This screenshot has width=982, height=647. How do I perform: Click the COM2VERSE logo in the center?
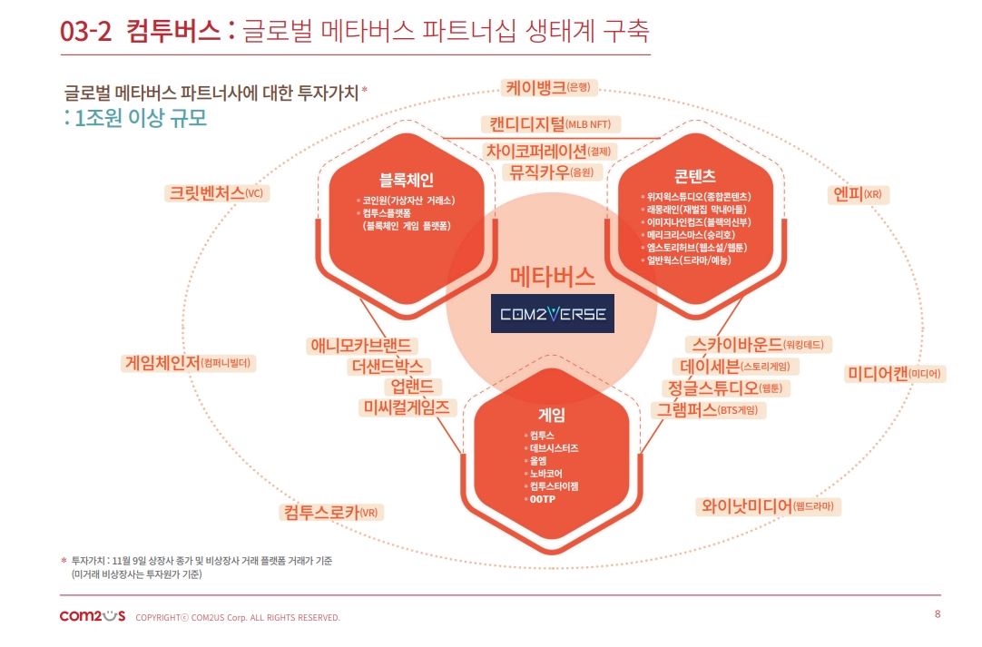(x=552, y=314)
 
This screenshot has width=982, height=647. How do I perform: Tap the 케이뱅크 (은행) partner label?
(x=549, y=87)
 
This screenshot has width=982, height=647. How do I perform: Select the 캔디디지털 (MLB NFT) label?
(x=551, y=124)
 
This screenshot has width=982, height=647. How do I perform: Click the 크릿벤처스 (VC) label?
(x=218, y=192)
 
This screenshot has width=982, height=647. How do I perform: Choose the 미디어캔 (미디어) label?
(x=895, y=373)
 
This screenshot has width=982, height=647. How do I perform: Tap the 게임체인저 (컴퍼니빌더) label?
(x=190, y=363)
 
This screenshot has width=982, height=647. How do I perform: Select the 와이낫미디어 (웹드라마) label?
(x=768, y=505)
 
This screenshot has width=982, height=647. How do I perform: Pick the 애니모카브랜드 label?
(x=362, y=345)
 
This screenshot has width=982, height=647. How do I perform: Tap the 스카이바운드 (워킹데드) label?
(x=761, y=344)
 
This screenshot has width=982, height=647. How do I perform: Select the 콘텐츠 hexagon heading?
(x=694, y=176)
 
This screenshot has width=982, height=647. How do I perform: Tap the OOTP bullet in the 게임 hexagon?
(x=543, y=499)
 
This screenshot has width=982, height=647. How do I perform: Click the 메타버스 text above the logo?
(x=552, y=276)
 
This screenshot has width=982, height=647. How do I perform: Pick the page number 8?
(x=938, y=614)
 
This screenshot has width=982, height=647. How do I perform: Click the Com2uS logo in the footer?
(x=92, y=616)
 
